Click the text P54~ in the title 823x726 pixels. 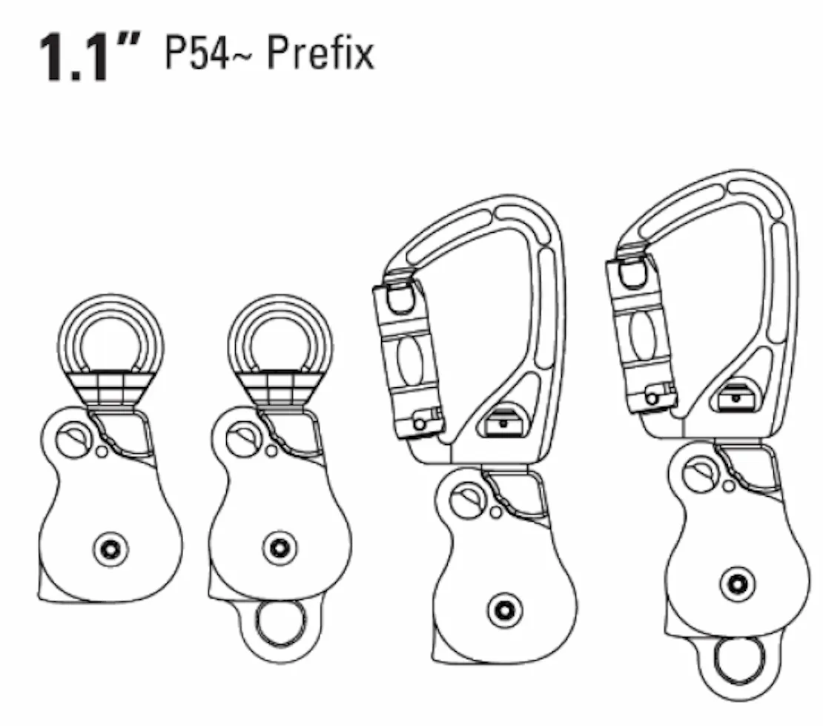tap(197, 53)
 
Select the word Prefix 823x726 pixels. tap(321, 52)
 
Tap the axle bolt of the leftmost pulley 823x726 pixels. tap(110, 549)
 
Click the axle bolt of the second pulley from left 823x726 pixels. tap(280, 548)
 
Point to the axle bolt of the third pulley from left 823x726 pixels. tap(505, 610)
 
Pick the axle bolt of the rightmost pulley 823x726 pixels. tap(738, 584)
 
